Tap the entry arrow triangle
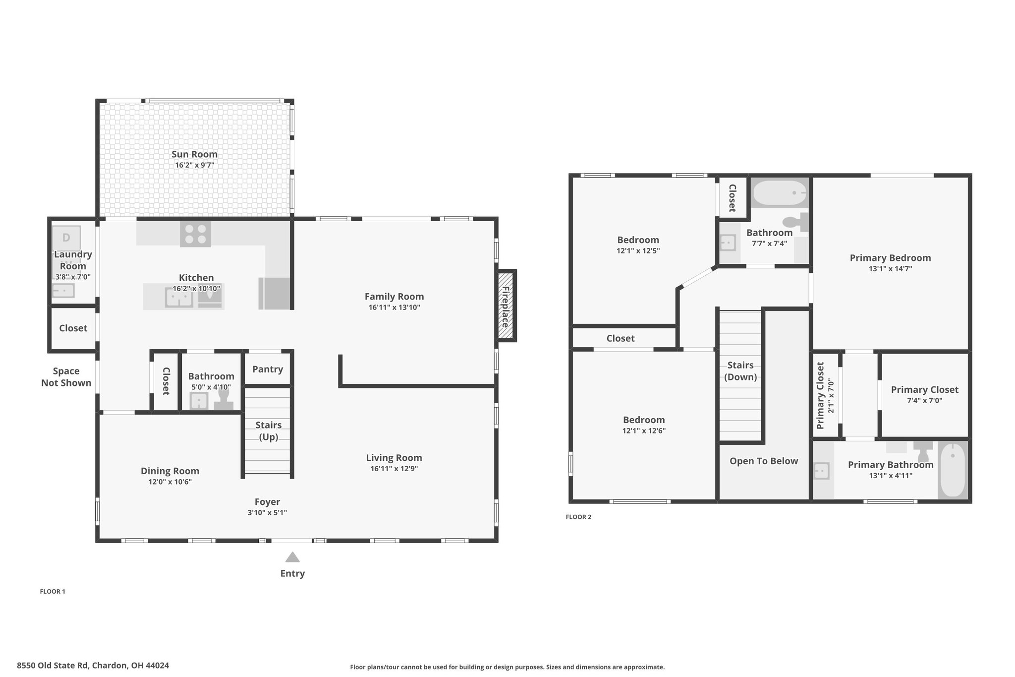(x=292, y=557)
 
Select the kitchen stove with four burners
(x=195, y=234)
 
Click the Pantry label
(x=268, y=369)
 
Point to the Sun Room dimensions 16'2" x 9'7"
(x=194, y=165)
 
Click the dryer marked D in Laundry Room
(x=66, y=238)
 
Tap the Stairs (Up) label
(x=269, y=431)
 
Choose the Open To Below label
(x=764, y=461)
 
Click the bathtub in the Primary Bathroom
(x=953, y=470)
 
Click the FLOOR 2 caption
(x=578, y=517)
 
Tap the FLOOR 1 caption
(x=53, y=591)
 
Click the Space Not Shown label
(x=66, y=377)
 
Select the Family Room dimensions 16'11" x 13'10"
(x=394, y=308)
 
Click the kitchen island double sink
(x=179, y=299)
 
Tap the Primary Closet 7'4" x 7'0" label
(x=925, y=395)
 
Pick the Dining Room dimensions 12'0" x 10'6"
(x=170, y=482)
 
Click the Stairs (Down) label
(x=740, y=371)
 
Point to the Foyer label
(x=268, y=502)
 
